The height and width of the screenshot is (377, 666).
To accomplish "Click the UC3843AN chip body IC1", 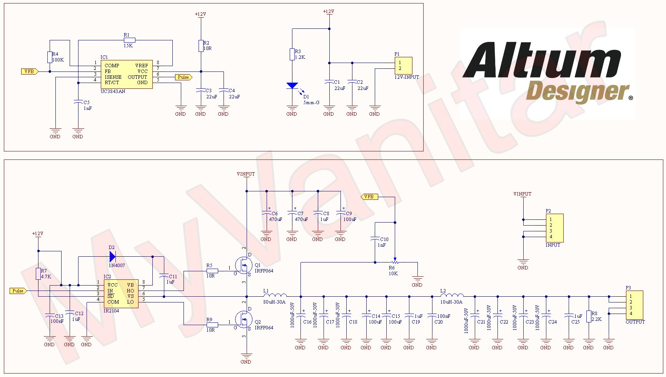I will point(127,74).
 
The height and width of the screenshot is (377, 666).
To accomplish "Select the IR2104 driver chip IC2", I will point(120,294).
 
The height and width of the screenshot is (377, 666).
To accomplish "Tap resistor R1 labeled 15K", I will point(130,40).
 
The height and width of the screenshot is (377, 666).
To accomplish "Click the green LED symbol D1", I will point(292,86).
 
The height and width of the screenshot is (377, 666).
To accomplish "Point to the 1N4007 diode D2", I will point(112,256).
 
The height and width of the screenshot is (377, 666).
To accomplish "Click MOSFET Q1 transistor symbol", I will point(244,265).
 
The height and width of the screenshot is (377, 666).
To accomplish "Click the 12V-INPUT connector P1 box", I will point(403,66).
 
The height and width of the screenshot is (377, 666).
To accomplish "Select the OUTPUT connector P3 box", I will point(634,305).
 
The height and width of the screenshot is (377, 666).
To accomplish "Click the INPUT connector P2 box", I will point(554,228).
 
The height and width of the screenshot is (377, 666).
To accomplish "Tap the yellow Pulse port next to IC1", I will point(184,77).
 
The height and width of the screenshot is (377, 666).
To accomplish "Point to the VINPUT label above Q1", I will point(246,174).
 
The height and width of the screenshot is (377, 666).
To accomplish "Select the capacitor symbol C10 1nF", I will point(375,239).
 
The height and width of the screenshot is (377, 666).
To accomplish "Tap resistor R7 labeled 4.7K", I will point(38,274).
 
